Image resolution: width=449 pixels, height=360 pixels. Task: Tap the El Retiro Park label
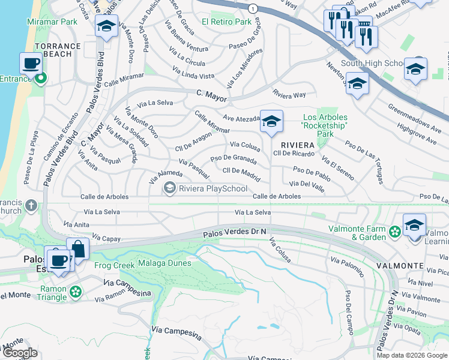(226, 22)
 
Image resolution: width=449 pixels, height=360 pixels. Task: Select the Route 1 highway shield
(255, 9)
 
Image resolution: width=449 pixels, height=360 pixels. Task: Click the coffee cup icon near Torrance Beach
(31, 63)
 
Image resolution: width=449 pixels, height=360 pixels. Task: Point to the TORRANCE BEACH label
(58, 50)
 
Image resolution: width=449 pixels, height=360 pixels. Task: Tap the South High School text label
(373, 63)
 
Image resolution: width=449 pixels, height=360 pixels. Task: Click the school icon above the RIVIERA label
(271, 122)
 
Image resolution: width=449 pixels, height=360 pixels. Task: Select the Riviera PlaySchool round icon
(170, 189)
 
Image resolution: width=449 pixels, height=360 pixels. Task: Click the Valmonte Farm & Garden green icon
(395, 232)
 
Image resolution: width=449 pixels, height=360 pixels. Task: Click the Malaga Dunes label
(164, 263)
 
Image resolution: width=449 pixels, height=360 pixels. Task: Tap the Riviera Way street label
(289, 95)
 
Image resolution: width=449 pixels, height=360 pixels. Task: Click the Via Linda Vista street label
(193, 73)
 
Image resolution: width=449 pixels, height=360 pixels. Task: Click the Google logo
(19, 353)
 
